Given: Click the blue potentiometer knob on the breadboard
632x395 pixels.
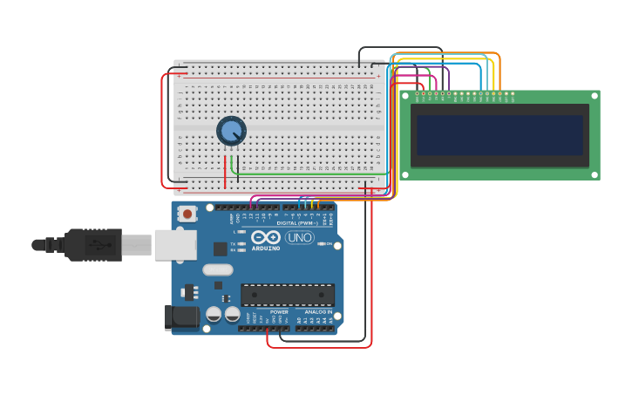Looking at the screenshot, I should [231, 132].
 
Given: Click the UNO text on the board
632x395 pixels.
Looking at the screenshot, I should [299, 237].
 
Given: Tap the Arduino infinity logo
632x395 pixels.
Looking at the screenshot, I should [265, 237].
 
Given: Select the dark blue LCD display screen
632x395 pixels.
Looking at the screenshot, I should [499, 135].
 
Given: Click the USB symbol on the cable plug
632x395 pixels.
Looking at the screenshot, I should [104, 245].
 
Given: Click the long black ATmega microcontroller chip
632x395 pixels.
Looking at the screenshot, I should [288, 295].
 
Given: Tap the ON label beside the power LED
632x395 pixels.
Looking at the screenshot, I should [330, 244].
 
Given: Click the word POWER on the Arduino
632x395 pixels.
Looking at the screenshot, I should [279, 311].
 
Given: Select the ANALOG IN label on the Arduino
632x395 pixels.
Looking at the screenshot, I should [317, 311].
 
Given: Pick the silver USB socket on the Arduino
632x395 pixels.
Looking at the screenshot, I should [174, 245].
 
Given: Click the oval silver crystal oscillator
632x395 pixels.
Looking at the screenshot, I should [217, 270].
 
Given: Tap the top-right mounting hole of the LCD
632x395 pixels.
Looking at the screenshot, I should [595, 95].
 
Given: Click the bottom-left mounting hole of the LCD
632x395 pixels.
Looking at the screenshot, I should [404, 175].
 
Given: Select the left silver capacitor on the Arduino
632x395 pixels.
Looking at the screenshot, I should [214, 314].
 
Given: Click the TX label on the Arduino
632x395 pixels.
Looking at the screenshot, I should [233, 243].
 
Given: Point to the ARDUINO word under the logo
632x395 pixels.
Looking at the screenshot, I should [266, 249].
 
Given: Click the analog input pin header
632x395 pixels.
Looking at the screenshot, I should [315, 328].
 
